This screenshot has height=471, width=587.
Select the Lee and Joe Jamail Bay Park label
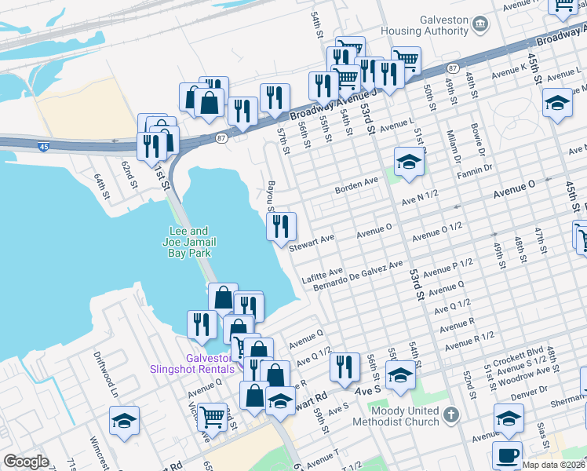pos(189,242)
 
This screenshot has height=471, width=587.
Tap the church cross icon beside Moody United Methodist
pos(450,415)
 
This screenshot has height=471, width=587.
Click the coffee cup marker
pos(507,455)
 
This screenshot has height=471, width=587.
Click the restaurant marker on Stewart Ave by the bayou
pos(281,226)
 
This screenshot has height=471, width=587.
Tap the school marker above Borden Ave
pos(409,162)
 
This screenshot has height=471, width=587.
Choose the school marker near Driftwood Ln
pos(124,421)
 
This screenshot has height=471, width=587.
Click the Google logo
pos(26,461)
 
